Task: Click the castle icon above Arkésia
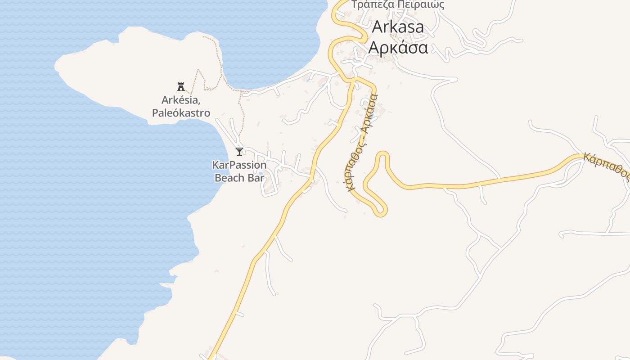tap(181, 86)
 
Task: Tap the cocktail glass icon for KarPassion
tap(239, 152)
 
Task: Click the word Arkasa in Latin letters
tap(398, 27)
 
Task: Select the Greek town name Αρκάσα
tap(398, 47)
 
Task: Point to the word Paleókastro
tap(181, 113)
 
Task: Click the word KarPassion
tap(239, 165)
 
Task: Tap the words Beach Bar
tap(239, 178)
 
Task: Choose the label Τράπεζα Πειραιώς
tap(398, 5)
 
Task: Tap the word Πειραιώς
tap(421, 5)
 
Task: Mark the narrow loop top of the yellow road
tap(382, 154)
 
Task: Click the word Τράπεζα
tap(373, 5)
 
